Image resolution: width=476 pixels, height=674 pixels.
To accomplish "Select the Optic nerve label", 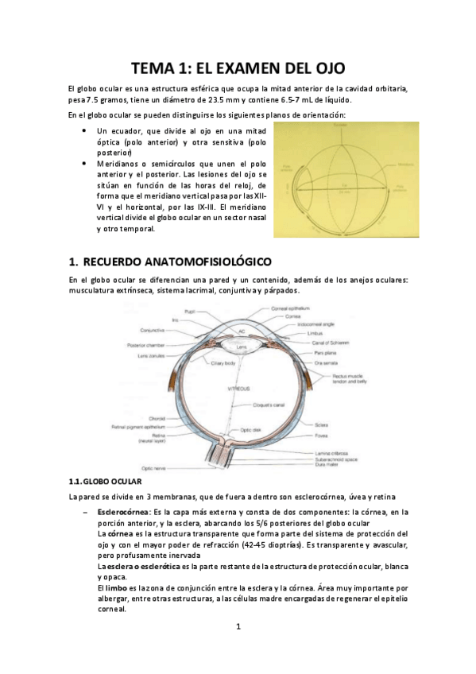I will tap(152, 469).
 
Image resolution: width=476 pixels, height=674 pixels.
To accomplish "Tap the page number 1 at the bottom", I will tap(238, 628).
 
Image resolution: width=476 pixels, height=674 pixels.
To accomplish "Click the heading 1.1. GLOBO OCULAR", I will tap(105, 482).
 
